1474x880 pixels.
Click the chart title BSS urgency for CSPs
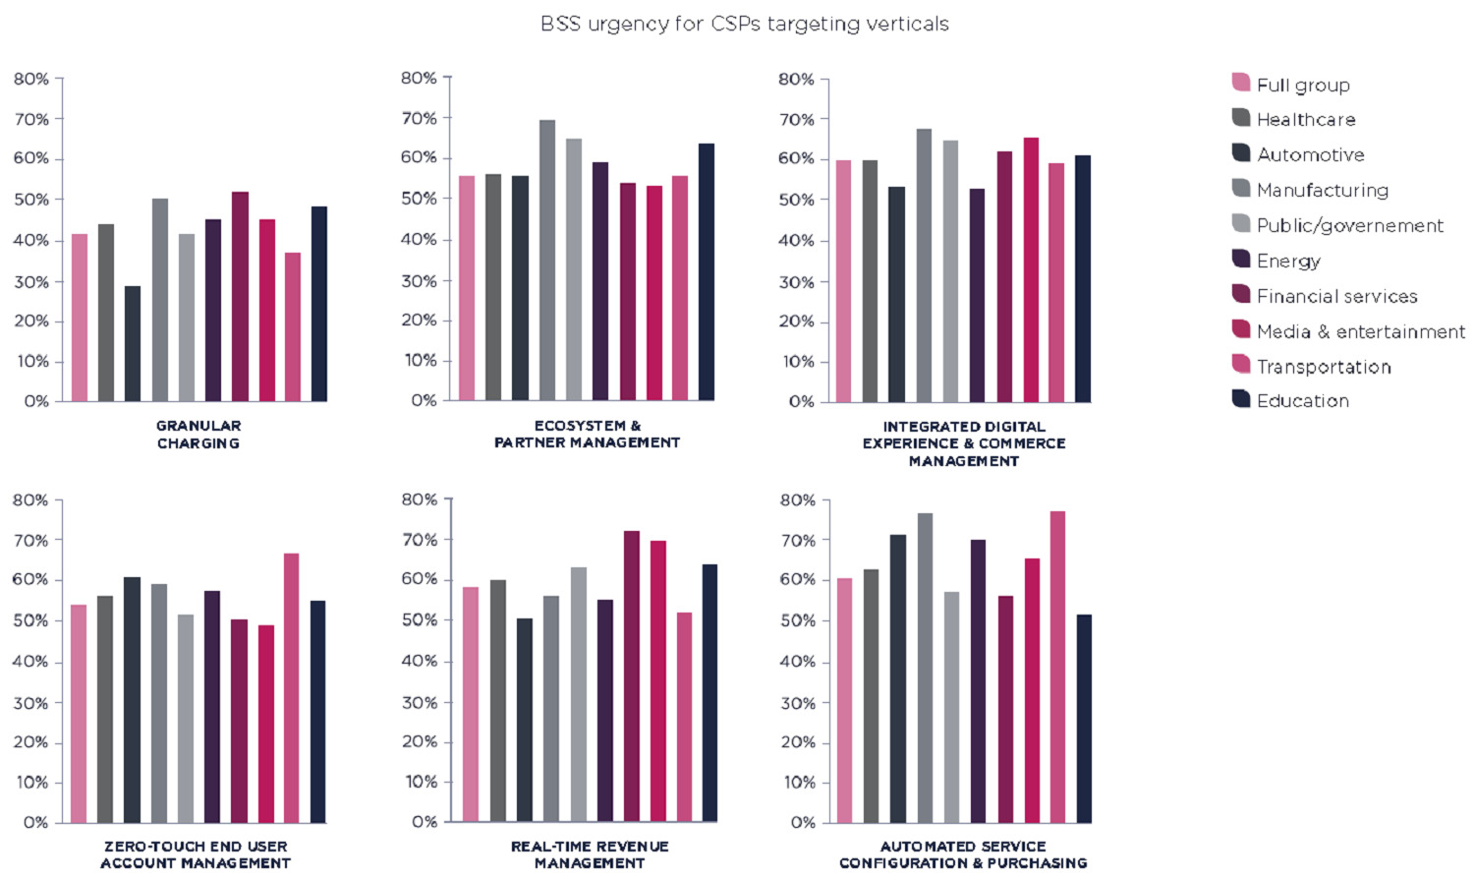tap(744, 24)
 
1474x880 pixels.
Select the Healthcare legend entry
tap(1305, 119)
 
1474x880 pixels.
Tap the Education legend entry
tap(1302, 400)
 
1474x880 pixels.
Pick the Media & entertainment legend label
tap(1360, 331)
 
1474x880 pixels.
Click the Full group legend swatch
tap(1241, 83)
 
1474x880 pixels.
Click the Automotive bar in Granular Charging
tap(133, 343)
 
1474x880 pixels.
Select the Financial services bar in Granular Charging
tap(240, 296)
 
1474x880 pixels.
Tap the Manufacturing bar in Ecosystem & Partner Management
tap(546, 260)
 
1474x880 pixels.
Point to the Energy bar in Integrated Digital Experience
tap(977, 295)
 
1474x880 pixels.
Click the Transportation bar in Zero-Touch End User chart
tap(291, 687)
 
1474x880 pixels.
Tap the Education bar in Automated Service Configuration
tap(1084, 718)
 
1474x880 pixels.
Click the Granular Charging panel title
tap(198, 435)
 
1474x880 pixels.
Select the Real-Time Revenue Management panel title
tap(590, 854)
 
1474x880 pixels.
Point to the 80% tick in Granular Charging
tap(31, 79)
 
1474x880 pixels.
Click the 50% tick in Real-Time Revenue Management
tap(420, 620)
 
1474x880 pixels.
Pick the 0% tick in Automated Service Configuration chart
tap(803, 822)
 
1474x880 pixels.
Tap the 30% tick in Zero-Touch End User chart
tap(29, 703)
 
